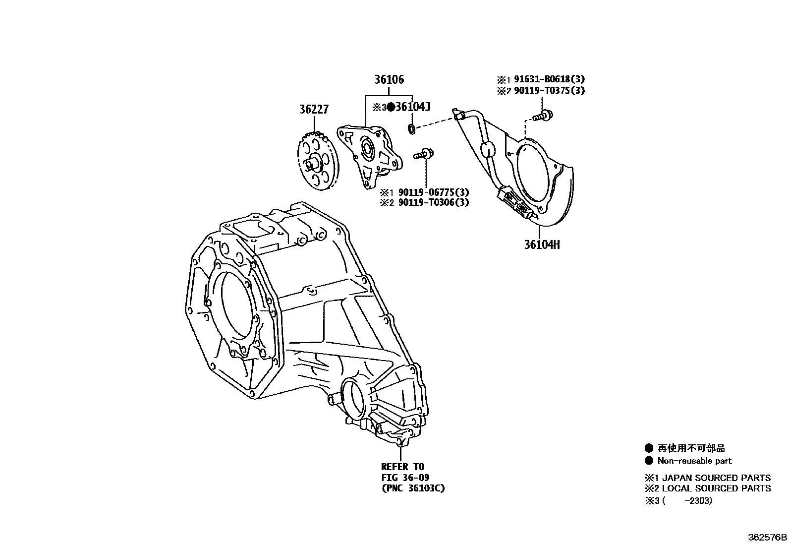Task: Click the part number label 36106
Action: pyautogui.click(x=389, y=79)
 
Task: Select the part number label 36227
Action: pyautogui.click(x=313, y=109)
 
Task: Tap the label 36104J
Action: pyautogui.click(x=413, y=107)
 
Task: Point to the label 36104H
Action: pyautogui.click(x=542, y=244)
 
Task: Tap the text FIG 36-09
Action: pyautogui.click(x=405, y=478)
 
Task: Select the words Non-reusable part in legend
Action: pyautogui.click(x=694, y=461)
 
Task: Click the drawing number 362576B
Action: pyautogui.click(x=767, y=538)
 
